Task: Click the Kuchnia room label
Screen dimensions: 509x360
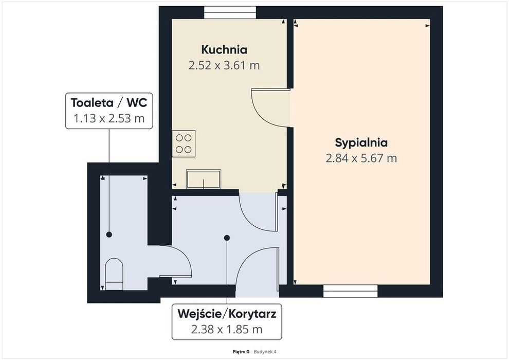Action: click(x=224, y=50)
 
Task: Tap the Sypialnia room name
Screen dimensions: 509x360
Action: click(x=361, y=142)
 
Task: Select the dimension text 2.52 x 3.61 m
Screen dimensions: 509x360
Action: click(x=224, y=66)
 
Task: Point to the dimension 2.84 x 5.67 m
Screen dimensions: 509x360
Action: click(x=361, y=158)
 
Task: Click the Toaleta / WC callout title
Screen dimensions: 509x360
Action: click(x=109, y=102)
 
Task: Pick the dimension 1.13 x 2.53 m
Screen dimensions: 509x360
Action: click(x=109, y=118)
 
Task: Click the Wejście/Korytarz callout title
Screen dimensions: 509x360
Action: click(x=227, y=314)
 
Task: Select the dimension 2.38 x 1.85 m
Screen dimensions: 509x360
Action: click(x=227, y=330)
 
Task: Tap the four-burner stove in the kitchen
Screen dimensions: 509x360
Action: click(x=184, y=143)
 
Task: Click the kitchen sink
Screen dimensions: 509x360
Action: click(x=204, y=179)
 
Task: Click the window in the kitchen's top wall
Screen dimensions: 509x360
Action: click(x=230, y=12)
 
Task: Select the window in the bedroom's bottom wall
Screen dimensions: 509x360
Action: click(x=351, y=291)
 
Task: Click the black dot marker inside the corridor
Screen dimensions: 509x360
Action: click(x=227, y=238)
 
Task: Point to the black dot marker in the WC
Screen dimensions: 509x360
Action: click(x=109, y=235)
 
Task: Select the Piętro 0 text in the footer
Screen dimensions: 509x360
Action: click(x=241, y=352)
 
